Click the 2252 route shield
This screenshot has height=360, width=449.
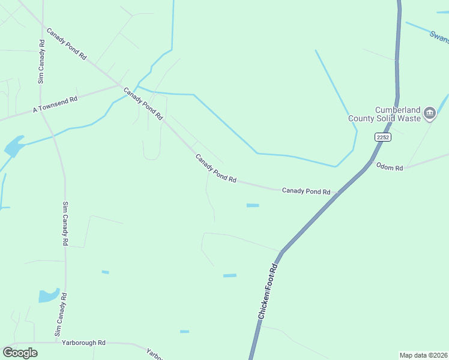click(x=383, y=137)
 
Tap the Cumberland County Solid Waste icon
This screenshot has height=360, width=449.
click(x=429, y=113)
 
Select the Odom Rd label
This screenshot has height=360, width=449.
click(x=390, y=167)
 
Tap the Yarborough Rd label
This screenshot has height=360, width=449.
click(x=83, y=343)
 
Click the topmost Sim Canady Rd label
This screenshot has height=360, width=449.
click(x=41, y=61)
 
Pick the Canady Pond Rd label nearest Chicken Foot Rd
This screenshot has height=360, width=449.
click(x=306, y=191)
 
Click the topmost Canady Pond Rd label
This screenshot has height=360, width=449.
click(x=67, y=43)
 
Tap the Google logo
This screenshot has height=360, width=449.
click(x=20, y=353)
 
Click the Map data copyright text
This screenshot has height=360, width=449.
click(x=423, y=355)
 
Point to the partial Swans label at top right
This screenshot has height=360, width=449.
click(x=439, y=37)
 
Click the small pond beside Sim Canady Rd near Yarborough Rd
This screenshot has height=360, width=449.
click(x=49, y=296)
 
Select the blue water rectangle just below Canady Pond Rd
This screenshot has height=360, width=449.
click(x=253, y=205)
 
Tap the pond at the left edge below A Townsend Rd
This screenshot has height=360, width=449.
click(x=13, y=146)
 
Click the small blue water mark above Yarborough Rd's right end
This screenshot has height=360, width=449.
click(x=184, y=331)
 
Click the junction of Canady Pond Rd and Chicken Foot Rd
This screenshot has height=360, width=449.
click(x=339, y=193)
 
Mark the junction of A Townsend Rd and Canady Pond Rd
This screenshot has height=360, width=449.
click(x=121, y=85)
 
